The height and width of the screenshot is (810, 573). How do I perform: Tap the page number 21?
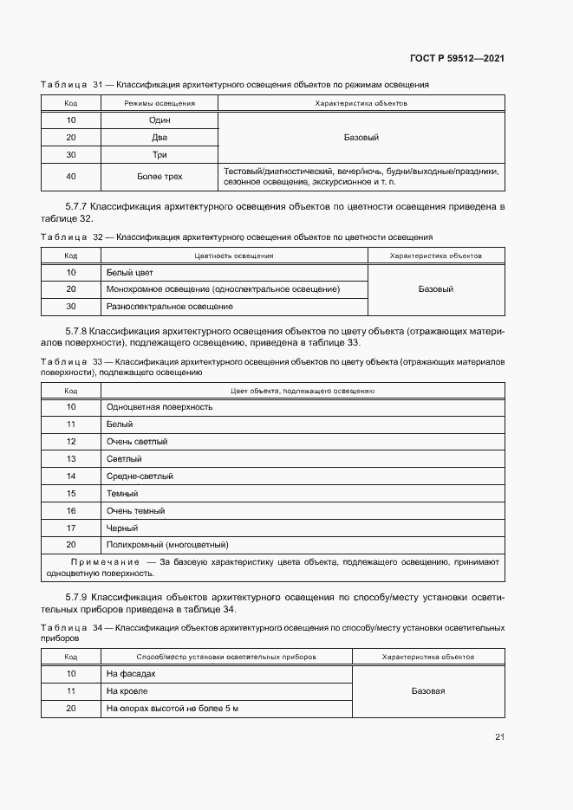[x=499, y=737]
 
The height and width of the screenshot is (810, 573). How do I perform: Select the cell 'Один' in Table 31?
[x=159, y=120]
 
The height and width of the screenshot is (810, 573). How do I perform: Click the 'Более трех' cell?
[x=159, y=177]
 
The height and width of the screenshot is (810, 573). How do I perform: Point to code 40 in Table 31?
[x=71, y=177]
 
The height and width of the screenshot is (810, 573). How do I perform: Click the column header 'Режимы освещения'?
[x=159, y=103]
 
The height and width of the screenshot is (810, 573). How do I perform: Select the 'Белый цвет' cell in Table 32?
[x=129, y=273]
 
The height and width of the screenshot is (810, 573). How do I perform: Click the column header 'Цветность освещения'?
[x=234, y=256]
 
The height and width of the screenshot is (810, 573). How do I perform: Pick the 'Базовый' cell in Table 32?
[x=435, y=289]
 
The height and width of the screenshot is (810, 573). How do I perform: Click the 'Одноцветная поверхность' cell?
[x=159, y=407]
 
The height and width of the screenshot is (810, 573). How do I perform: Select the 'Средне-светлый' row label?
[x=140, y=476]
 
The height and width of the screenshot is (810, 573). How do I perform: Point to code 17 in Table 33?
[x=71, y=528]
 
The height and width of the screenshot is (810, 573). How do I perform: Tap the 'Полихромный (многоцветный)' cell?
[x=167, y=545]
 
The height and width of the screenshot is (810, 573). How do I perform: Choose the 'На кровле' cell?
[x=127, y=691]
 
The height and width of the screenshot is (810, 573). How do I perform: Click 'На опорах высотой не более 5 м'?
[x=172, y=709]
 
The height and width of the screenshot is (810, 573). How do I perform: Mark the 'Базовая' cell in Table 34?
[x=427, y=691]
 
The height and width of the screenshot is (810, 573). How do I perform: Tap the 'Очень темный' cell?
[x=135, y=511]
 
